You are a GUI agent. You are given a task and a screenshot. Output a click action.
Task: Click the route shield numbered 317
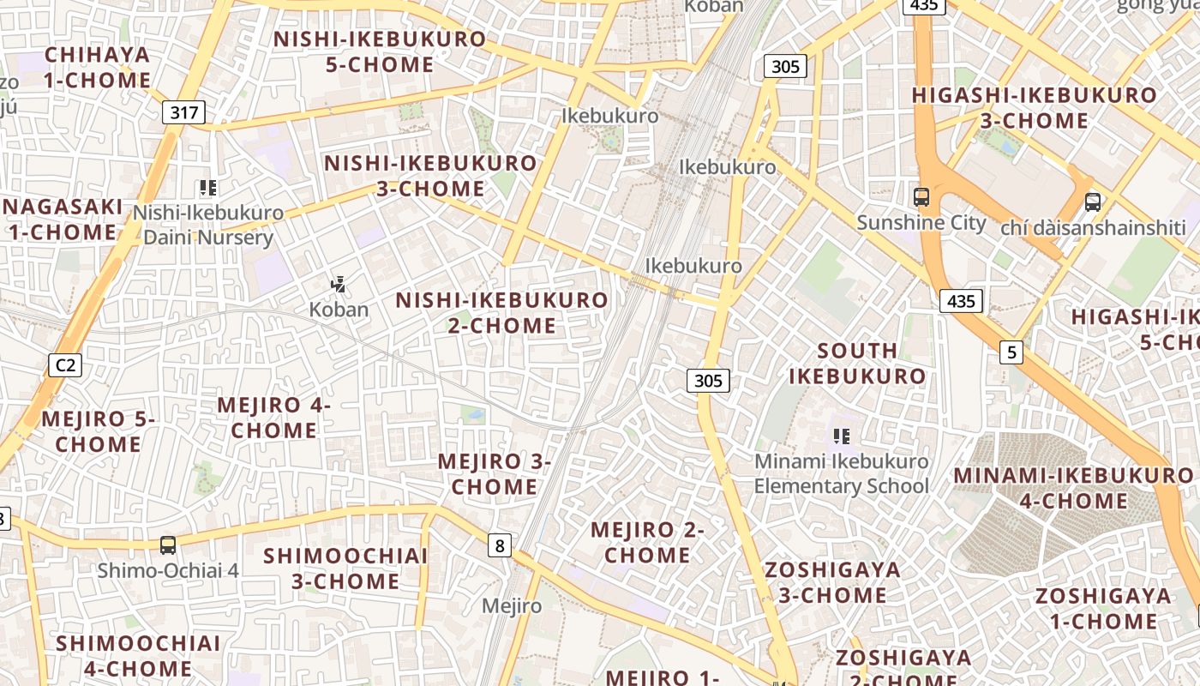click(x=184, y=111)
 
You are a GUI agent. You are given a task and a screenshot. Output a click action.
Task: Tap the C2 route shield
click(x=65, y=365)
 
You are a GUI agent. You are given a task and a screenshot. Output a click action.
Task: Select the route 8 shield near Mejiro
click(x=500, y=545)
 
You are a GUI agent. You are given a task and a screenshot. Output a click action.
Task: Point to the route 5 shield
click(x=1012, y=352)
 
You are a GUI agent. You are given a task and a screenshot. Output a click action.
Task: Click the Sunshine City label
click(x=921, y=223)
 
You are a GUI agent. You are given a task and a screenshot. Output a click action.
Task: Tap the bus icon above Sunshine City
click(x=921, y=197)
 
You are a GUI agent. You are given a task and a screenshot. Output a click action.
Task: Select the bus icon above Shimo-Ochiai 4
click(x=168, y=545)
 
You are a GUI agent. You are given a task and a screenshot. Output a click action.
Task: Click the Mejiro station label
click(x=512, y=606)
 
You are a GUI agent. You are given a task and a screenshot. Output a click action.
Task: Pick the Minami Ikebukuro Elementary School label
click(x=841, y=473)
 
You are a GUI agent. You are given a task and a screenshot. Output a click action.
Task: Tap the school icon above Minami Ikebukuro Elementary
click(x=841, y=436)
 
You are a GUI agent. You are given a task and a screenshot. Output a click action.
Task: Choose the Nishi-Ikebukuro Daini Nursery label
click(x=208, y=225)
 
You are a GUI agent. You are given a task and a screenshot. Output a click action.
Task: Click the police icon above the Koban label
click(x=339, y=284)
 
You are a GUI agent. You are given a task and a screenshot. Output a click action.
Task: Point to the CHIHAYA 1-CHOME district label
click(x=97, y=68)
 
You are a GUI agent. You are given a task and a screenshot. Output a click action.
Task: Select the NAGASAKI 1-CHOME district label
click(x=62, y=220)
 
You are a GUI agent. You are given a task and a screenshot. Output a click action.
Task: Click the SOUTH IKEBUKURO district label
click(x=857, y=364)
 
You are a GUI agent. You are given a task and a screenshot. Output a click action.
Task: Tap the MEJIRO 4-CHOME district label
click(x=273, y=418)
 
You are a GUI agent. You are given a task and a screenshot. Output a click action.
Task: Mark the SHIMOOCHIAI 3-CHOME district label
click(x=345, y=569)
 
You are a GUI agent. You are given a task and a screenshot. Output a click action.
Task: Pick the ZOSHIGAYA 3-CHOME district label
click(x=832, y=582)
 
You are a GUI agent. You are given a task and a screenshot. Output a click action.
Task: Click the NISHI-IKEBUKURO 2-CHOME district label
click(x=501, y=313)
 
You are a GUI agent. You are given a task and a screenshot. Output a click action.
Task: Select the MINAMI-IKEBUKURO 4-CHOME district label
click(x=1073, y=488)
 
